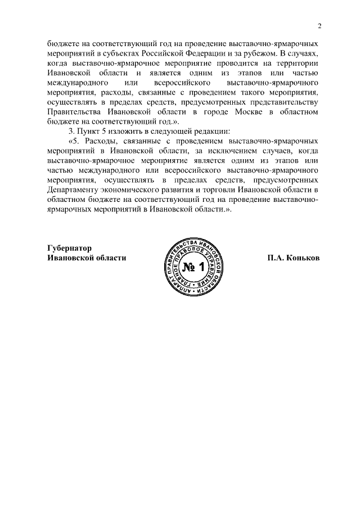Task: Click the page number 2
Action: [x=318, y=26]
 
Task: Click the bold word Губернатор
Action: [x=69, y=248]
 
